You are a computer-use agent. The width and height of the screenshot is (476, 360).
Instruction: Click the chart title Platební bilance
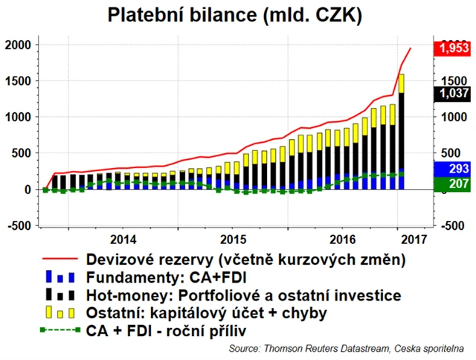point(237,14)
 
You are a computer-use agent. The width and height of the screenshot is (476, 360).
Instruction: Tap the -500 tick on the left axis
point(19,225)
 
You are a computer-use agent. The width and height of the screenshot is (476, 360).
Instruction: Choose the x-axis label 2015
point(234,240)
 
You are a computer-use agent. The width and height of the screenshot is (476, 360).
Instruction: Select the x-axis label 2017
point(414,240)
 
